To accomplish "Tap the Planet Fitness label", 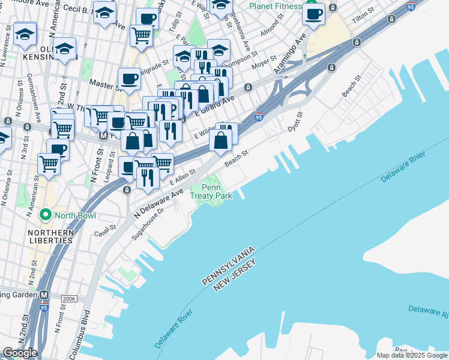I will (x=276, y=7).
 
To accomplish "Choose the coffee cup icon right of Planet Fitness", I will (x=314, y=13).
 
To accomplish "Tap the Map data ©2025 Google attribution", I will (x=412, y=355).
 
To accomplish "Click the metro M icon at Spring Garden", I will (x=44, y=295).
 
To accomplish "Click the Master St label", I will (x=101, y=85).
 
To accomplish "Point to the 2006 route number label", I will (x=69, y=298).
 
